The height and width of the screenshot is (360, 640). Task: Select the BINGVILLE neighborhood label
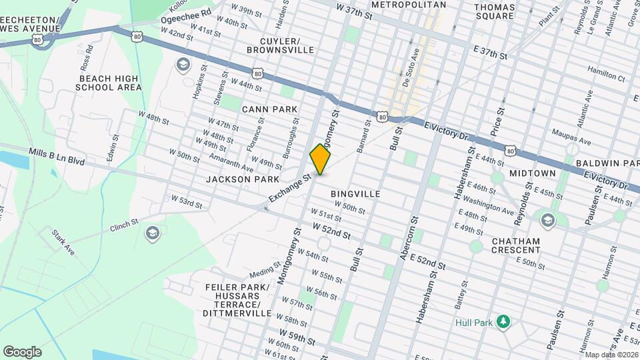click(355, 194)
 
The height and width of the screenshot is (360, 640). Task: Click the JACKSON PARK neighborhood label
click(238, 179)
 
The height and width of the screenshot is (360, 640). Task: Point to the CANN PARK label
click(269, 109)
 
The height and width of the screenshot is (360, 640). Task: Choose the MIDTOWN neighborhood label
click(532, 173)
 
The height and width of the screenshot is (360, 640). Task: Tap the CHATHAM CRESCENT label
click(516, 245)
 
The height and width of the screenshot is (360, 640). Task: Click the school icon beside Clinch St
click(152, 233)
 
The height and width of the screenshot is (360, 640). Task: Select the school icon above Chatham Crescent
click(548, 220)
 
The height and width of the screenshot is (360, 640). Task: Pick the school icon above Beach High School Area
click(182, 65)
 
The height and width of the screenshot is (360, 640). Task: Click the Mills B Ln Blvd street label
click(57, 157)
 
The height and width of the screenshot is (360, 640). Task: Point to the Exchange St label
click(290, 189)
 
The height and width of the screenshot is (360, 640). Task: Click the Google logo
click(22, 352)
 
